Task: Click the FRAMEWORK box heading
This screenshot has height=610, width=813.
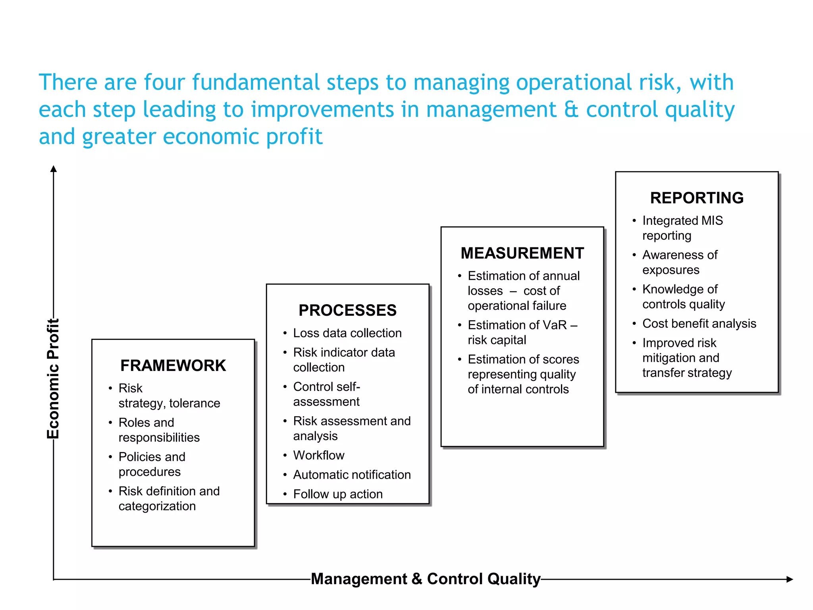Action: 173,365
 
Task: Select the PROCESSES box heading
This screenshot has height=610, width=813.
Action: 347,310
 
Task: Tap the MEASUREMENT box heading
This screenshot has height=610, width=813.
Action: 522,253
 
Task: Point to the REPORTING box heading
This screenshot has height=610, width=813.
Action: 697,198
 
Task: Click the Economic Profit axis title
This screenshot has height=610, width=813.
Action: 53,378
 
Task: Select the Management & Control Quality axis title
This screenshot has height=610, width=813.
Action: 426,579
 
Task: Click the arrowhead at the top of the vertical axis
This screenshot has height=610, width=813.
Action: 54,169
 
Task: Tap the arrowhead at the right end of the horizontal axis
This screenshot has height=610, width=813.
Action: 790,579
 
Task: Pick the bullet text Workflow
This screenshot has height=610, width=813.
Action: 319,455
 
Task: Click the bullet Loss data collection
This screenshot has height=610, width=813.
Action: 347,333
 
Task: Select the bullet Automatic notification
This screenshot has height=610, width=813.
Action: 352,475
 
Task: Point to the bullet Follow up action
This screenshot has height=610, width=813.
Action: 338,494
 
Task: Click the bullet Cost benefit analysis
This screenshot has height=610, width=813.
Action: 699,323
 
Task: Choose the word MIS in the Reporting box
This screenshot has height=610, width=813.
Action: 712,220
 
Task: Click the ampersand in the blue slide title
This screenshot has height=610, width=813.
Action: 571,110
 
